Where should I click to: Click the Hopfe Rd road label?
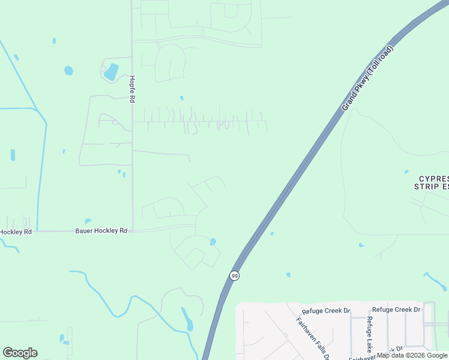click(131, 89)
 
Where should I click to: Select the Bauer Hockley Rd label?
click(101, 230)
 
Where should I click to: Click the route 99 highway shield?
click(234, 275)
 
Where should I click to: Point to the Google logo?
click(20, 353)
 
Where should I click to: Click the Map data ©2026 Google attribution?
click(412, 355)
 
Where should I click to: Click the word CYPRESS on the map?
click(433, 179)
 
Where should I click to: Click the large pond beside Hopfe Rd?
click(111, 73)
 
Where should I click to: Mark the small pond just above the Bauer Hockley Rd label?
click(88, 221)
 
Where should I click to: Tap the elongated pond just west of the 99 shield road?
click(187, 319)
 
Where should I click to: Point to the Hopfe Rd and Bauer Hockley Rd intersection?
click(132, 230)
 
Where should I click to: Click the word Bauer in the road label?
click(84, 230)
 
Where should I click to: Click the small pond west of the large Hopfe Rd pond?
click(68, 71)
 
